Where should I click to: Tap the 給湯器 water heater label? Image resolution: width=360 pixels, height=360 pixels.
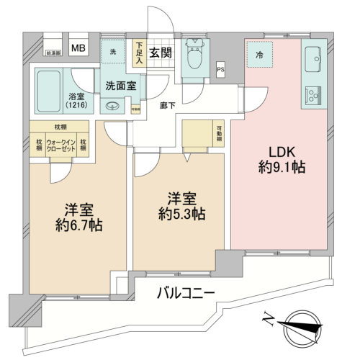(53, 53)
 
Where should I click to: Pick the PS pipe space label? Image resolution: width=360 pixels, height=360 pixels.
(220, 69)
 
